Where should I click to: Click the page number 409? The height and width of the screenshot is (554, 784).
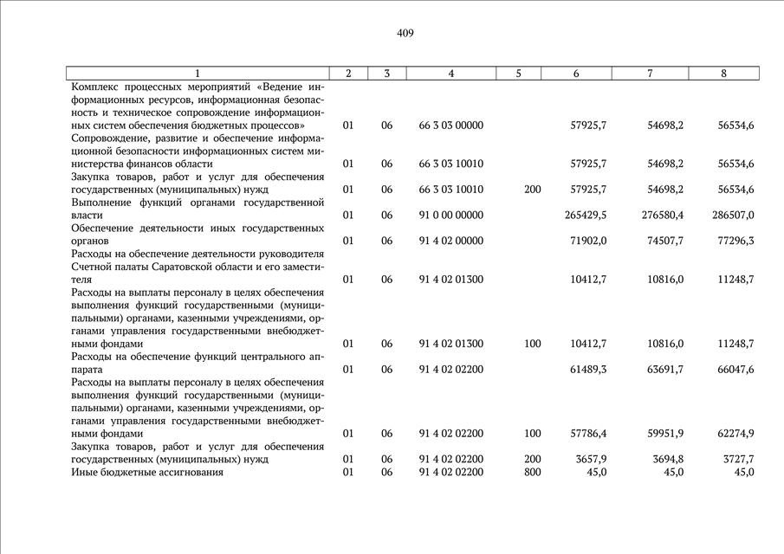click(x=405, y=33)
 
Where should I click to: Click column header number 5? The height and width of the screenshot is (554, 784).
click(x=518, y=74)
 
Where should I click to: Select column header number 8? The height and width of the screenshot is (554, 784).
click(x=723, y=74)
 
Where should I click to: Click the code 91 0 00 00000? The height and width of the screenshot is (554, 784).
click(x=450, y=216)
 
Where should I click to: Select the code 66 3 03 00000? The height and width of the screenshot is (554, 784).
click(x=450, y=126)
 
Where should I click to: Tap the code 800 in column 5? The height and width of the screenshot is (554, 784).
click(x=533, y=472)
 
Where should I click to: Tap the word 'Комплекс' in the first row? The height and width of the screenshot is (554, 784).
click(x=94, y=87)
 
